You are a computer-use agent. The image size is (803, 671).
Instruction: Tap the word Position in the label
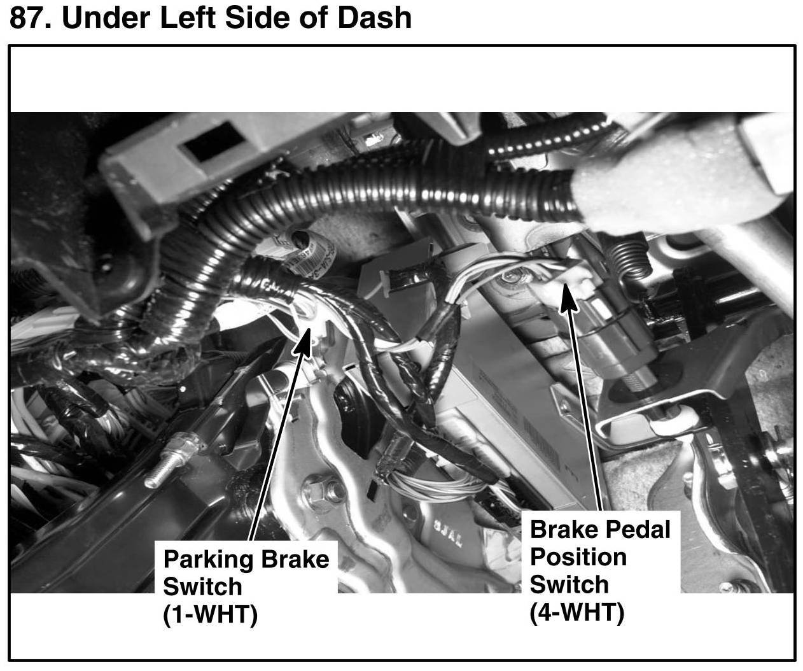pyautogui.click(x=578, y=557)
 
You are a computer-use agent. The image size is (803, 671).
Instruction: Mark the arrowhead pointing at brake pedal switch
pyautogui.click(x=567, y=297)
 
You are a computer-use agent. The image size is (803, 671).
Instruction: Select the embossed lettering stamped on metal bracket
pyautogui.click(x=448, y=533)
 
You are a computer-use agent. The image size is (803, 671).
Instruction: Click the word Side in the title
pyautogui.click(x=258, y=17)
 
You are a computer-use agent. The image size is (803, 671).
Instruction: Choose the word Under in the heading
pyautogui.click(x=106, y=17)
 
